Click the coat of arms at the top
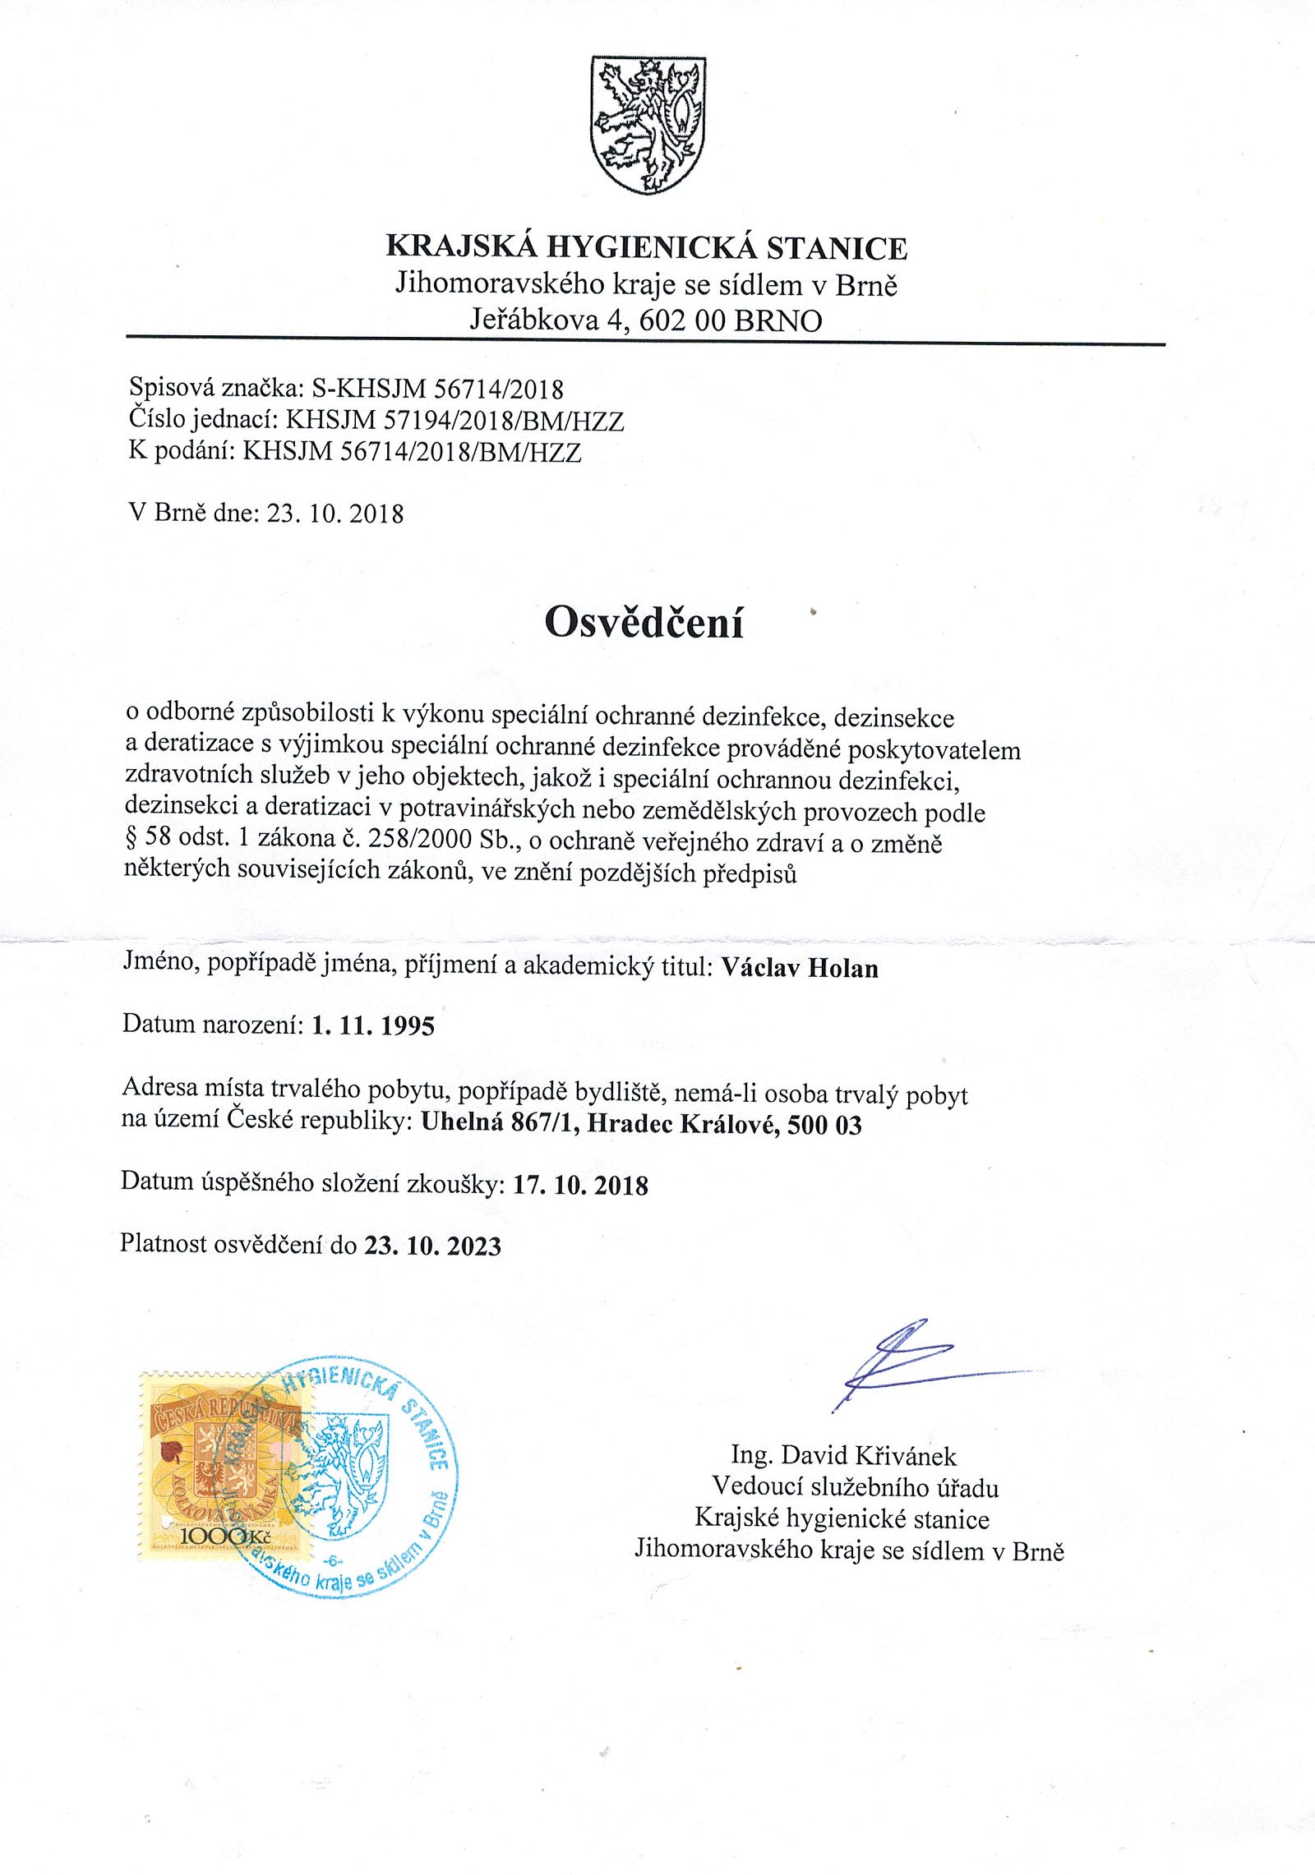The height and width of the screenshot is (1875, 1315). [648, 125]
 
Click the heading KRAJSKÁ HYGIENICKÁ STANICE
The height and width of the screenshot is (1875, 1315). [647, 247]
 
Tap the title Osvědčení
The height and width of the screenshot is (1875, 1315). [644, 622]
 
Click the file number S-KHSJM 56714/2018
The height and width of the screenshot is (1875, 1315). [437, 388]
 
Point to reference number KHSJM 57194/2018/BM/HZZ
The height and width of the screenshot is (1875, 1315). [454, 421]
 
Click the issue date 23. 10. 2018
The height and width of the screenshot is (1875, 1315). [335, 514]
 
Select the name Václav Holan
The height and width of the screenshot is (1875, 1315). [800, 968]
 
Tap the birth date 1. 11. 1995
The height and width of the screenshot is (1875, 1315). [373, 1025]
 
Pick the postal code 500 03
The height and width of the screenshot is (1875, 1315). [824, 1125]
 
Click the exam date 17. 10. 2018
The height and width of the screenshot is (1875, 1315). [580, 1185]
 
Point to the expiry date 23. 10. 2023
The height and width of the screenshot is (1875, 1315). [432, 1246]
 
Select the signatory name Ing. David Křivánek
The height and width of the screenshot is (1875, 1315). [844, 1456]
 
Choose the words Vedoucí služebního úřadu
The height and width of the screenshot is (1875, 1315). [855, 1487]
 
